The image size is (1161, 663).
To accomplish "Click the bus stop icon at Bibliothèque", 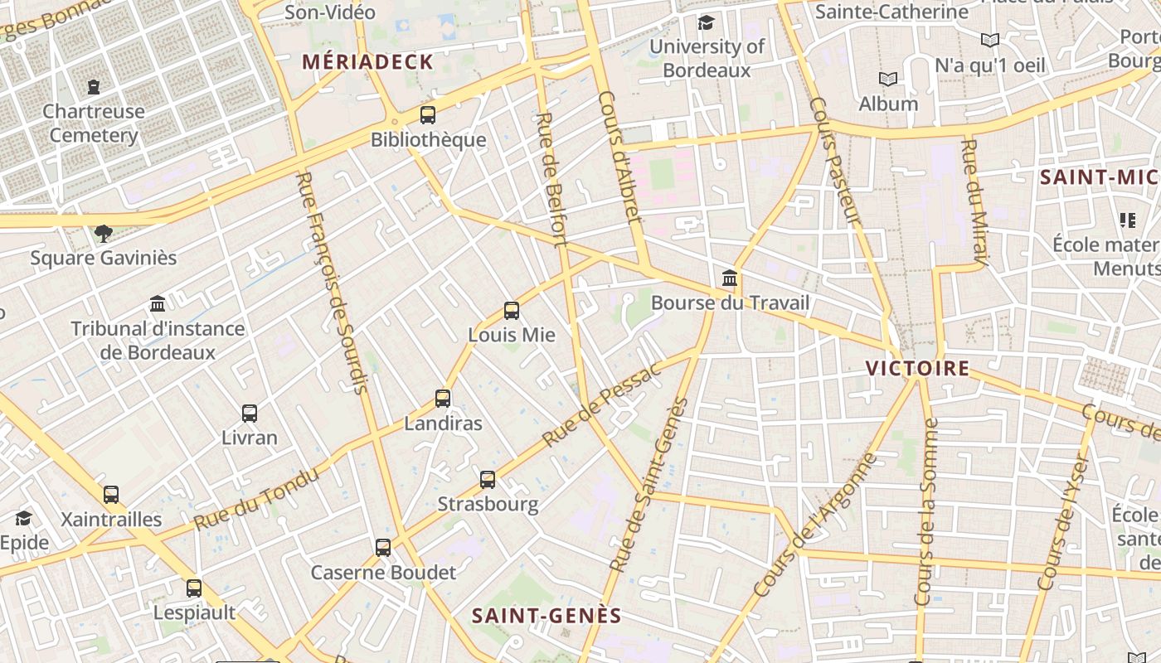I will click(x=428, y=115).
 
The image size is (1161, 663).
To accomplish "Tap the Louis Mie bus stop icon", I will click(x=512, y=311).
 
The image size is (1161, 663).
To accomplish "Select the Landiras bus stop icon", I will click(x=443, y=399).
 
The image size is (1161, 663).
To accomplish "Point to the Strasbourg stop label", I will click(x=488, y=504).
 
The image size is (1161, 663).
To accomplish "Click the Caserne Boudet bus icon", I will click(x=382, y=547).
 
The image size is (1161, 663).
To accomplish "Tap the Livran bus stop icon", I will click(x=250, y=413).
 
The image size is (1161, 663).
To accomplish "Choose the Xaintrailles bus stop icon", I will click(x=111, y=494).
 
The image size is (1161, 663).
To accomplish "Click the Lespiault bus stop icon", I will click(x=194, y=588).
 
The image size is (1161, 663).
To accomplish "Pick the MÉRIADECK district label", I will click(x=367, y=61).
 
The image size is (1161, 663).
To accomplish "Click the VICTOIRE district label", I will click(x=917, y=368).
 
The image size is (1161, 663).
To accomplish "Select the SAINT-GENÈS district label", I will click(x=546, y=616).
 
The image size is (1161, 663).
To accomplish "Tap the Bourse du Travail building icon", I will click(x=730, y=277).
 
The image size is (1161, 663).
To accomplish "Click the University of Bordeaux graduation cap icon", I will click(x=706, y=22).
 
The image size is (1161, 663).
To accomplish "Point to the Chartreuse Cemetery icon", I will click(x=94, y=86).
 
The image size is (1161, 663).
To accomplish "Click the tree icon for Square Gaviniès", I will click(x=104, y=233).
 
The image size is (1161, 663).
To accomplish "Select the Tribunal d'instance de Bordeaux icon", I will click(x=158, y=303).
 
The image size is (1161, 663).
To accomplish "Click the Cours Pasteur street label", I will click(x=833, y=162).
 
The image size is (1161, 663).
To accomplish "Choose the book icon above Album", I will click(x=888, y=79).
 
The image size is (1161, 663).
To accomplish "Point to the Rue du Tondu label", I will click(x=256, y=499).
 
